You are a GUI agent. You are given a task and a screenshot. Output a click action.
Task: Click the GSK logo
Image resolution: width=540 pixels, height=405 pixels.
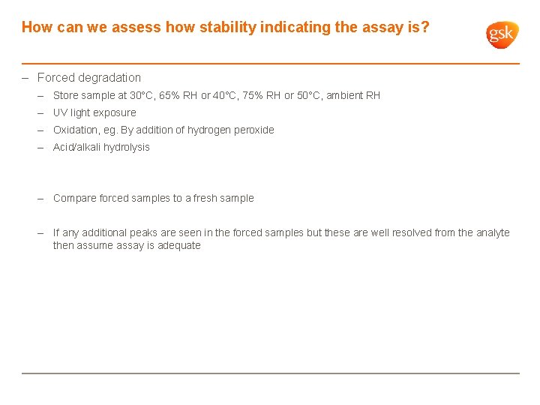501,34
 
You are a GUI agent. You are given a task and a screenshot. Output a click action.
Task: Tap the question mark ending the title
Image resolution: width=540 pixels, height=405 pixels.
425,28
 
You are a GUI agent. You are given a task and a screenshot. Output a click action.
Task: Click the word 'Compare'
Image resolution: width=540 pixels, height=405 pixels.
74,198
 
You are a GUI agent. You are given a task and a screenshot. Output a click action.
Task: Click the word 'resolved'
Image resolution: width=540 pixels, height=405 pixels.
410,232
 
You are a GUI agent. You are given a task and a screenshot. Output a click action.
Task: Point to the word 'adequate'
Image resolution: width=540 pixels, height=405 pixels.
179,245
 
